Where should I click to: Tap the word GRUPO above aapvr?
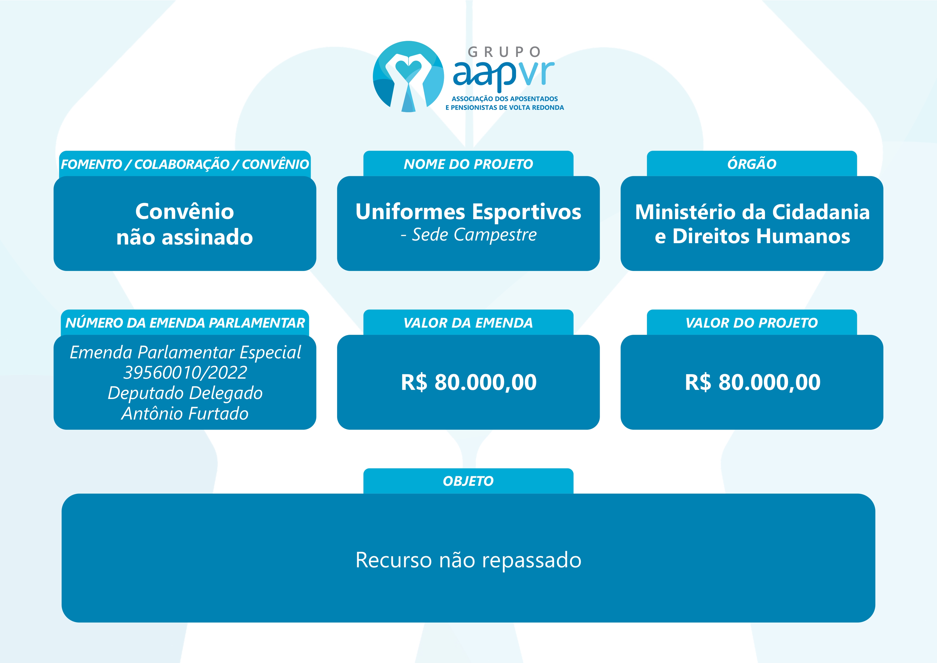(x=504, y=52)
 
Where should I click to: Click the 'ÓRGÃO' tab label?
(x=752, y=164)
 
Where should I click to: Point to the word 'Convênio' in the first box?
(x=185, y=211)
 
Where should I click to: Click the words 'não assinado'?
(x=185, y=237)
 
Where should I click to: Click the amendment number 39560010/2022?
(x=185, y=372)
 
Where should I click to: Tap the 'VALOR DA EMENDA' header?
(x=468, y=323)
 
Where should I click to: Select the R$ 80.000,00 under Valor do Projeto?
(x=752, y=382)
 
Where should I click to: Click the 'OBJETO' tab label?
(x=468, y=481)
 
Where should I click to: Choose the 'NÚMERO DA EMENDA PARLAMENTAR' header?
(x=185, y=323)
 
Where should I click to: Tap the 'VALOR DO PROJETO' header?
(x=752, y=323)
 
